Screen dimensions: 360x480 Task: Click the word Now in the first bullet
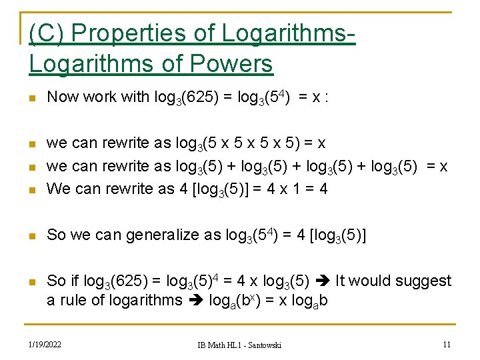click(x=63, y=97)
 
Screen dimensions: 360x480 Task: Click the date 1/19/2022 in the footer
click(x=45, y=344)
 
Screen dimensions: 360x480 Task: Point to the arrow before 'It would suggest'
click(x=322, y=281)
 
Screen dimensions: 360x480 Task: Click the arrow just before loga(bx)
click(x=196, y=301)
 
